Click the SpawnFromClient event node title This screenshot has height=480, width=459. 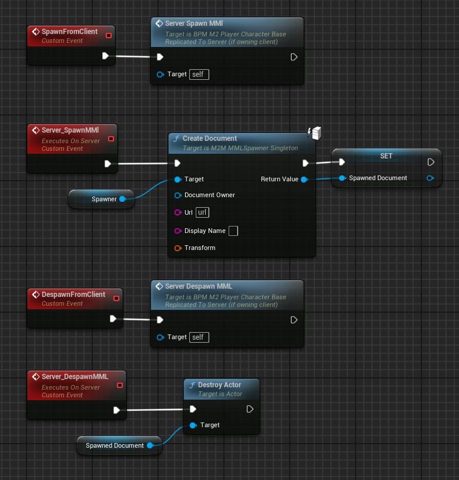[x=69, y=32]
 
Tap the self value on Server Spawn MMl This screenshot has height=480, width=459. [x=199, y=75]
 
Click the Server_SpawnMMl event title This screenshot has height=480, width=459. [x=70, y=130]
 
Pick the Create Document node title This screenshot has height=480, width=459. [x=209, y=138]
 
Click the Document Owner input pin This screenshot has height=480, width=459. [x=177, y=195]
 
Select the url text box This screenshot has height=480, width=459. [x=202, y=212]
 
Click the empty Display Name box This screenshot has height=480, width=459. [x=233, y=231]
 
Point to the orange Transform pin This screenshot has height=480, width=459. [x=177, y=248]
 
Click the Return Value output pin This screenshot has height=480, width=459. [x=304, y=179]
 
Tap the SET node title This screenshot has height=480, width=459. [x=386, y=156]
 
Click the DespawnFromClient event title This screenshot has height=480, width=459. [x=73, y=295]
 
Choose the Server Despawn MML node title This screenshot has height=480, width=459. [x=199, y=286]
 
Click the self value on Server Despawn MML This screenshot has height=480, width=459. [x=199, y=337]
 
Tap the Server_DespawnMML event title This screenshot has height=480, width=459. [x=75, y=377]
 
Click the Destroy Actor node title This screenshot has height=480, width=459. [x=219, y=385]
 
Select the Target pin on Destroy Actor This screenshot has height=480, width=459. [x=193, y=425]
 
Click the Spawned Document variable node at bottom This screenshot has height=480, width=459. [x=115, y=445]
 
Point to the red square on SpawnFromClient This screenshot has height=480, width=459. [x=108, y=36]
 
